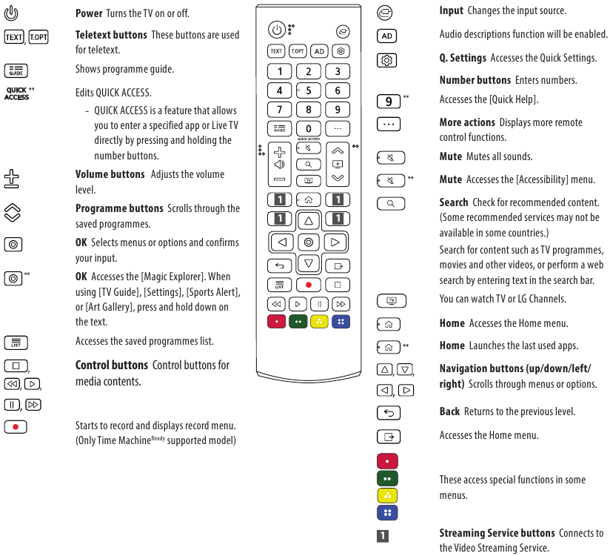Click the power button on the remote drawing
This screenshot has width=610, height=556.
(276, 30)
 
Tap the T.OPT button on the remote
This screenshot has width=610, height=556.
(298, 51)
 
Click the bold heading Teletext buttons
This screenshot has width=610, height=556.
(111, 35)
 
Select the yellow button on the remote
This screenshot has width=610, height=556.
(319, 322)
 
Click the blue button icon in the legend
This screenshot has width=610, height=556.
(387, 512)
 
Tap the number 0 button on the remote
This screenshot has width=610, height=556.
(308, 128)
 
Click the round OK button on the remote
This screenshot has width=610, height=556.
(308, 242)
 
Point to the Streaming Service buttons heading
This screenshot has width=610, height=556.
(497, 533)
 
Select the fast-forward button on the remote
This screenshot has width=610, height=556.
(341, 304)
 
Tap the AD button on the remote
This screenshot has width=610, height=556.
(319, 51)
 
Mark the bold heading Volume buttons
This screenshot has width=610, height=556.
(110, 174)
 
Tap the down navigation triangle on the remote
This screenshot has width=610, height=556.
(308, 263)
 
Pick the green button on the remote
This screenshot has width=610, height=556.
(298, 322)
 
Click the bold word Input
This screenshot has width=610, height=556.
(451, 11)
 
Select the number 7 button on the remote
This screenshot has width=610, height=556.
(279, 110)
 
